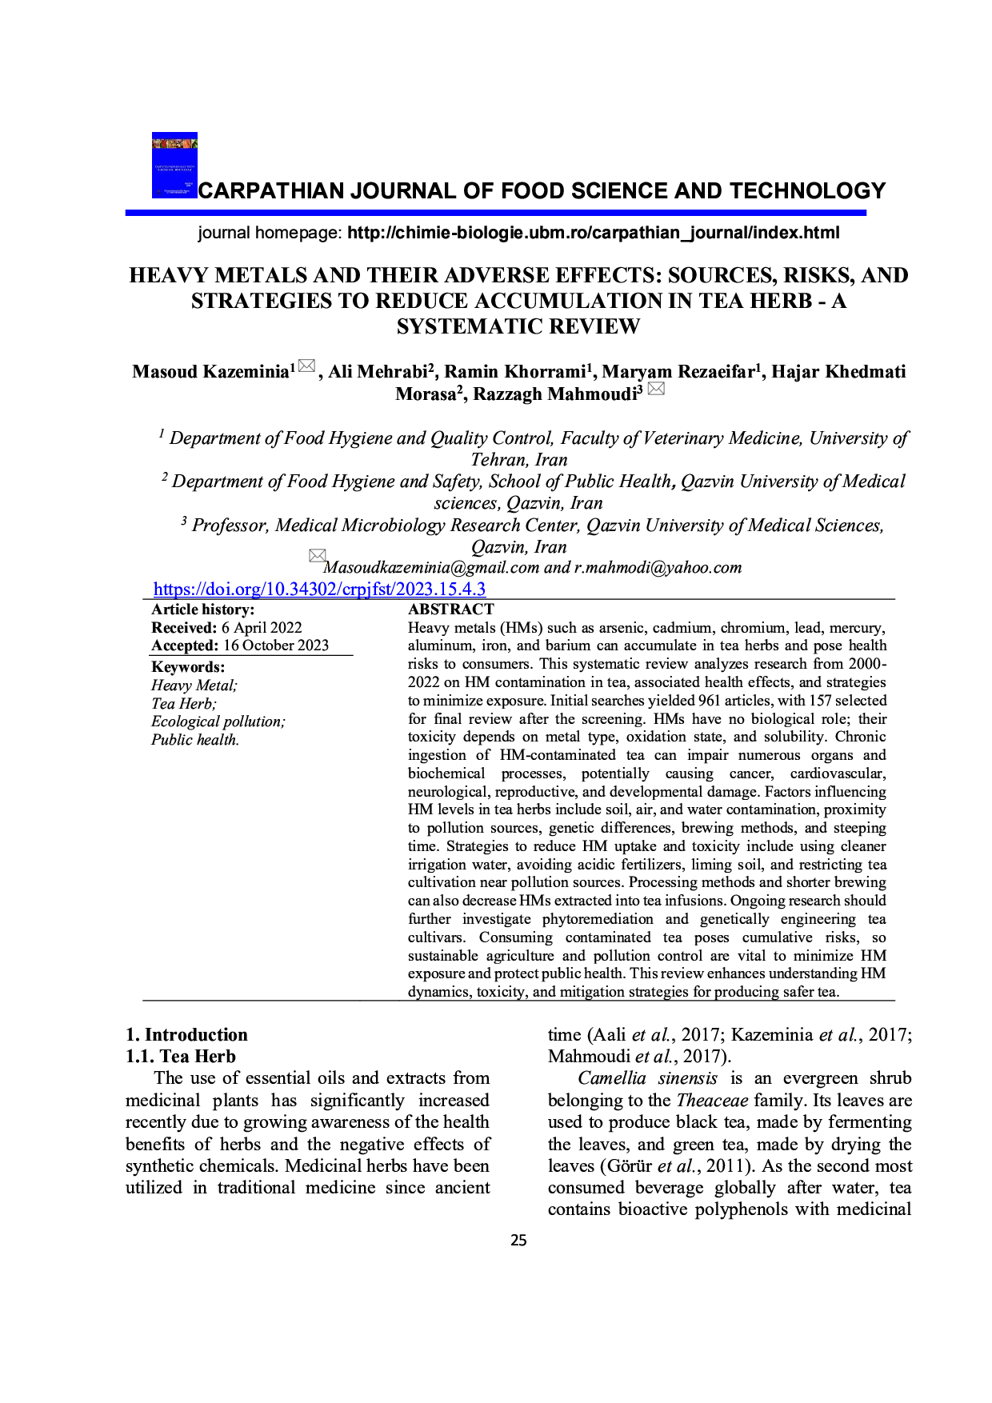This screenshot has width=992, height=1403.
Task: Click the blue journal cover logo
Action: (174, 166)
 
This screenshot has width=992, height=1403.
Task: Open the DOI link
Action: (319, 590)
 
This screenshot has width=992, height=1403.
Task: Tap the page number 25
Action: (518, 1241)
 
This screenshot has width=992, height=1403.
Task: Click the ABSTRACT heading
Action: (450, 610)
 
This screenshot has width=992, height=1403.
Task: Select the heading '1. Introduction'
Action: (186, 1034)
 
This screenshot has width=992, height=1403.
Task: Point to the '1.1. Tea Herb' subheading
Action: (181, 1056)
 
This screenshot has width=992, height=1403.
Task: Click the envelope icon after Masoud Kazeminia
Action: (306, 368)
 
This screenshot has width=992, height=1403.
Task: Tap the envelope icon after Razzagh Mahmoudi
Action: (656, 390)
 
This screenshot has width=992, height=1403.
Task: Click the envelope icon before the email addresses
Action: (318, 555)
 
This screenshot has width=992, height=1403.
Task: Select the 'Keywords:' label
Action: (188, 667)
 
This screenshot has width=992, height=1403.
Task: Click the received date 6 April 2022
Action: (262, 628)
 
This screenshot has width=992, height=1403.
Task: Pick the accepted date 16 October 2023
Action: (276, 646)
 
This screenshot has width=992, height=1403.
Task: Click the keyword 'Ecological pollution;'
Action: (218, 721)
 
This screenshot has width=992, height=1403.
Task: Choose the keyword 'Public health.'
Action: (195, 740)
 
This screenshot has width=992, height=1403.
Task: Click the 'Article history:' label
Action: (202, 610)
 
